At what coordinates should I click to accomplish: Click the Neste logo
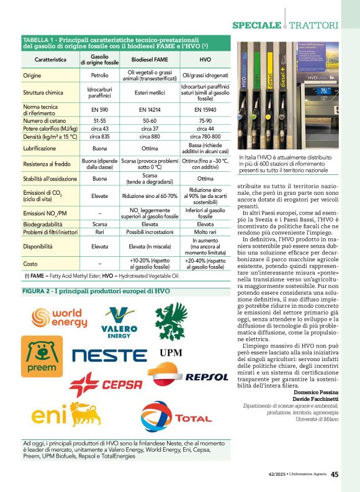pos(109,355)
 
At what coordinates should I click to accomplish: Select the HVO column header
pos(205,60)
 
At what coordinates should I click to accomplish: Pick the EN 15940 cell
pos(205,109)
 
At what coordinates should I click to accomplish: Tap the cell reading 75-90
pos(205,120)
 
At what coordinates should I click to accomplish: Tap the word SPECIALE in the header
pos(256,25)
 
